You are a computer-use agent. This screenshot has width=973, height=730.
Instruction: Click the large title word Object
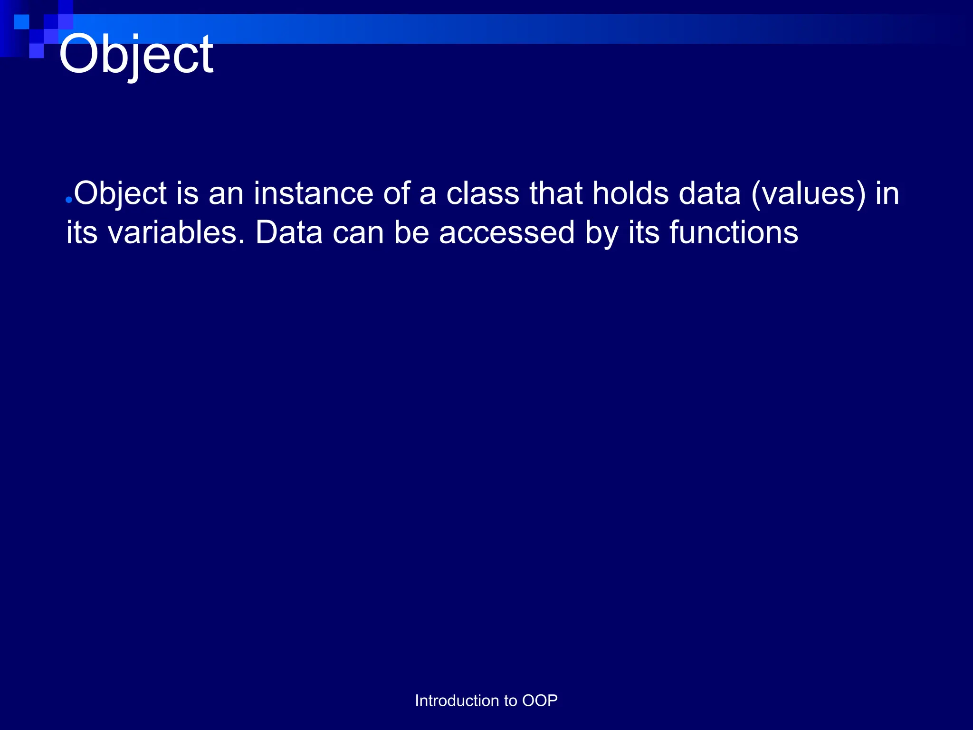[136, 56]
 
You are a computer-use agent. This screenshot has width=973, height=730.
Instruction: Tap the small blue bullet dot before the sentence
[69, 201]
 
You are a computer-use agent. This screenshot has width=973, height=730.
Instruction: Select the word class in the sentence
[483, 194]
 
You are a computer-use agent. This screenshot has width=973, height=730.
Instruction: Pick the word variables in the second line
[176, 233]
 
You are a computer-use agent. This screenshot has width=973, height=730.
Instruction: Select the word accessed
[506, 233]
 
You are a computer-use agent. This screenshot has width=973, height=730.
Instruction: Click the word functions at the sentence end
[734, 233]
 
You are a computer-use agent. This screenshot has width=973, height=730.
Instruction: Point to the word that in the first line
[556, 194]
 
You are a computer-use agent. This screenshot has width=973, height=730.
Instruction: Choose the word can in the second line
[358, 233]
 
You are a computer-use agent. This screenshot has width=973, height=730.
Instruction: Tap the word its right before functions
[644, 233]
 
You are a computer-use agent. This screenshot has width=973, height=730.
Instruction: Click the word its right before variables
[82, 233]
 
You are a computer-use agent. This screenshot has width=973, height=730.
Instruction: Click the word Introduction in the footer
[457, 701]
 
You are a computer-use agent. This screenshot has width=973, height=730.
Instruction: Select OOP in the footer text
[540, 701]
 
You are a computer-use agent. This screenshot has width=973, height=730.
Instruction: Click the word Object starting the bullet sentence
[120, 194]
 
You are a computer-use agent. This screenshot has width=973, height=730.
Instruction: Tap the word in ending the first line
[887, 194]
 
